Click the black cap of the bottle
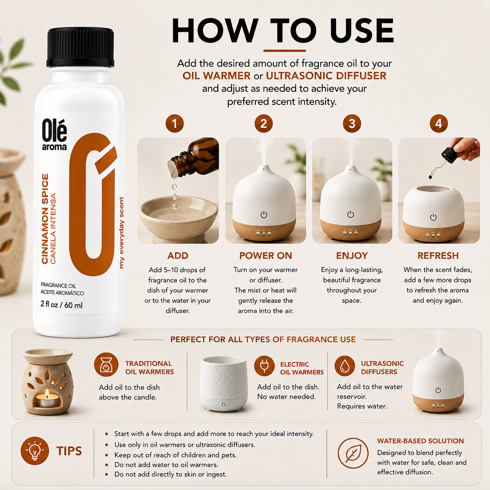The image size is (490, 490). pos(80,48)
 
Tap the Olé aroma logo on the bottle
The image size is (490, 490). pos(54,134)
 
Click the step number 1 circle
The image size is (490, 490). pos(174,124)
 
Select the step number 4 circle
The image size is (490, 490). pos(439,124)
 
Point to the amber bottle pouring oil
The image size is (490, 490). pos(193,157)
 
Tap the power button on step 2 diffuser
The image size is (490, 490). pos(264,215)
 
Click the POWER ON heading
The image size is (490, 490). pos(265,256)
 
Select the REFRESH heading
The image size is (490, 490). pos(438,256)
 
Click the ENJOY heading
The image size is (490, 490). pos(352,256)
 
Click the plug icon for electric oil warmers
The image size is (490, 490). pos(265,366)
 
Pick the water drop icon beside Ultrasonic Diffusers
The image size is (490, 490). pos(345,366)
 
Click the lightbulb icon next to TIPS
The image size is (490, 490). pos(35,451)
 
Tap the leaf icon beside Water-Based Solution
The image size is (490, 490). pos(353,453)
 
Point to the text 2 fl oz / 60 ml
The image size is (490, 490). pos(61,305)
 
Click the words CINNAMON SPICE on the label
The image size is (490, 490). pos(45,219)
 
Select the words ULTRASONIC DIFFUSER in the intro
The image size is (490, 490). pos(326,76)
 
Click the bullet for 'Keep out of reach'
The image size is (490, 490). pos(107,455)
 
